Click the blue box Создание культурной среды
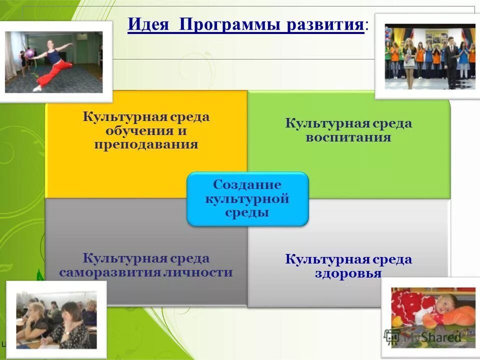247,198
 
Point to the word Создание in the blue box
247,184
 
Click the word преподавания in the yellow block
146,144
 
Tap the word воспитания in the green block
348,137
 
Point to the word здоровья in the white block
348,273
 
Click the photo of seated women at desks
56,320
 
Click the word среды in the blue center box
247,213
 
